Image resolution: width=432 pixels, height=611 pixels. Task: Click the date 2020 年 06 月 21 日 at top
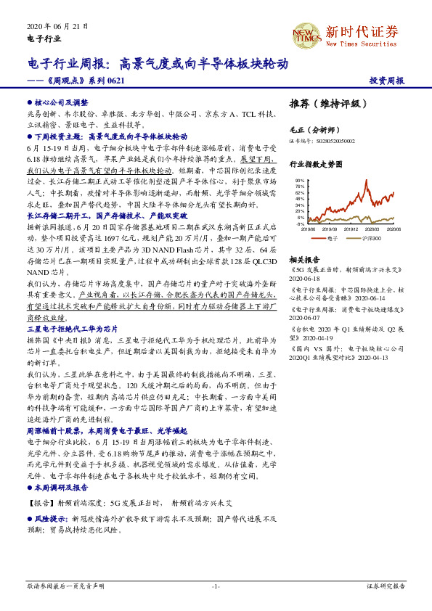click(57, 25)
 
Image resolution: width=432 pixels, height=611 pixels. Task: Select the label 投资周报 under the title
click(387, 81)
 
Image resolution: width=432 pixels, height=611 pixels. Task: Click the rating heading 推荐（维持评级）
click(324, 104)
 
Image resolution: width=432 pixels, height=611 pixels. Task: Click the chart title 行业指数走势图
click(314, 165)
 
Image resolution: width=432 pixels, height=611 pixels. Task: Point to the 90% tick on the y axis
click(299, 180)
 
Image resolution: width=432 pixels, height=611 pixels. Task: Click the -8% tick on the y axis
click(300, 225)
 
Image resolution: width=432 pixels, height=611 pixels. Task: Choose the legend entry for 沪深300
click(372, 237)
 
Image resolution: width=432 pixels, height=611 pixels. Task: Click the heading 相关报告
click(305, 259)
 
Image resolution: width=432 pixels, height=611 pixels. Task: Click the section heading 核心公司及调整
click(61, 104)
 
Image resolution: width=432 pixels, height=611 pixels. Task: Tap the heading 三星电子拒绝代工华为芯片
click(73, 308)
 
